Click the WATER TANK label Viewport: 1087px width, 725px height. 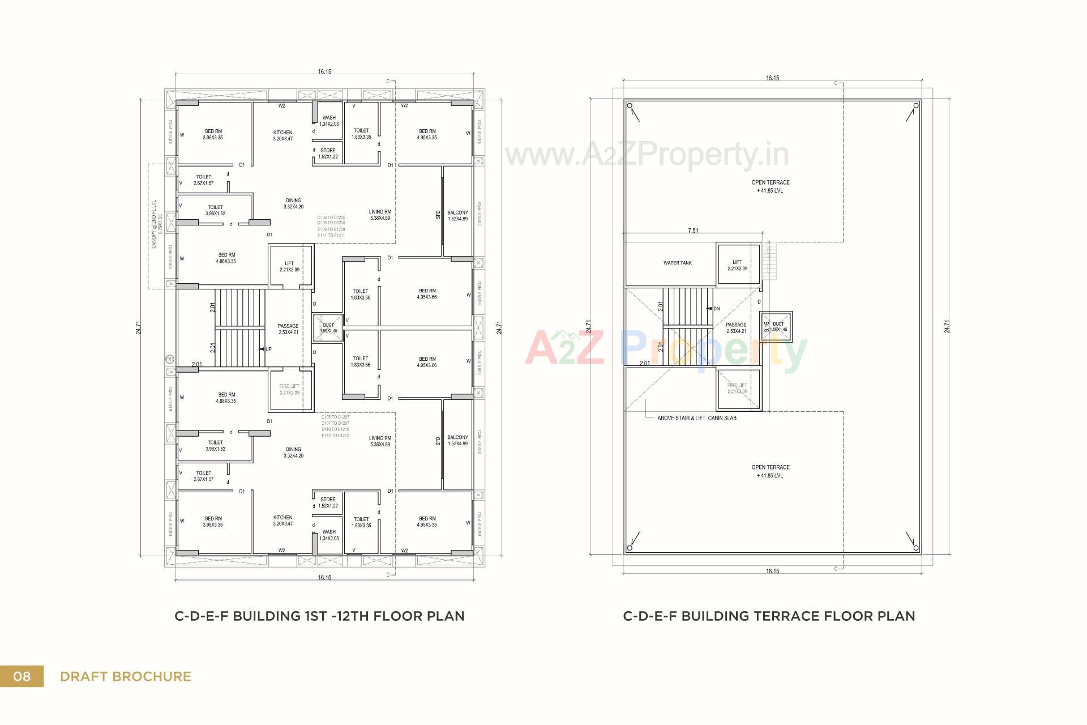(678, 263)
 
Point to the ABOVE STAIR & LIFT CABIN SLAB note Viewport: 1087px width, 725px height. (696, 418)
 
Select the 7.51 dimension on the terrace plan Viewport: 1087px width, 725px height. (692, 231)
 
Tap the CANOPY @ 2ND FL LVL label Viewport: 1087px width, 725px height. (157, 224)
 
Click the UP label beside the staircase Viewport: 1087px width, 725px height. (268, 349)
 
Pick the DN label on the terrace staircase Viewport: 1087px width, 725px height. (716, 309)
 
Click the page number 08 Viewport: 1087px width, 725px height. (22, 676)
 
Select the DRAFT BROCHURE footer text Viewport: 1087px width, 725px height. (125, 676)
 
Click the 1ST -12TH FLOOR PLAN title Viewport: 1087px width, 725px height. (319, 616)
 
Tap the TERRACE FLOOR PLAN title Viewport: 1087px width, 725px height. (769, 616)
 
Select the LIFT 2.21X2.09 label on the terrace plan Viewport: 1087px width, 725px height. (737, 265)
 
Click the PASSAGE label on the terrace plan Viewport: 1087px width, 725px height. (736, 327)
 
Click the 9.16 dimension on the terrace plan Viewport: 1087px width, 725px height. (767, 327)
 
